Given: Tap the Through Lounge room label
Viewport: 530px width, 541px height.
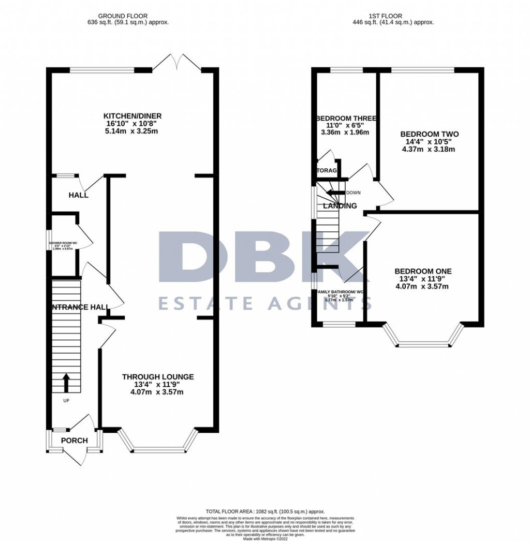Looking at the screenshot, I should click(x=158, y=377).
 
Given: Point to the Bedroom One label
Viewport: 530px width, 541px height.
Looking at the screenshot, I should click(x=423, y=271).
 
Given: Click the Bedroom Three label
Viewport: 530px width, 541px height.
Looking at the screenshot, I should click(x=346, y=118).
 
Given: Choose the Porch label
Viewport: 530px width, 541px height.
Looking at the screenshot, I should click(x=75, y=441).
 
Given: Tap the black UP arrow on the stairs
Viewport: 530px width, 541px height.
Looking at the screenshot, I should click(x=66, y=383).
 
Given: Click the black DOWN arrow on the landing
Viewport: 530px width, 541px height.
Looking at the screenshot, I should click(x=335, y=193).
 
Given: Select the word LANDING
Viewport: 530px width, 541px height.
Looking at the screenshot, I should click(x=340, y=206).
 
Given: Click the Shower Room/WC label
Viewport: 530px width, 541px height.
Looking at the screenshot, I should click(x=63, y=243).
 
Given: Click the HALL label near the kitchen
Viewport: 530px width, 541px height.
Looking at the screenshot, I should click(x=79, y=195).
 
